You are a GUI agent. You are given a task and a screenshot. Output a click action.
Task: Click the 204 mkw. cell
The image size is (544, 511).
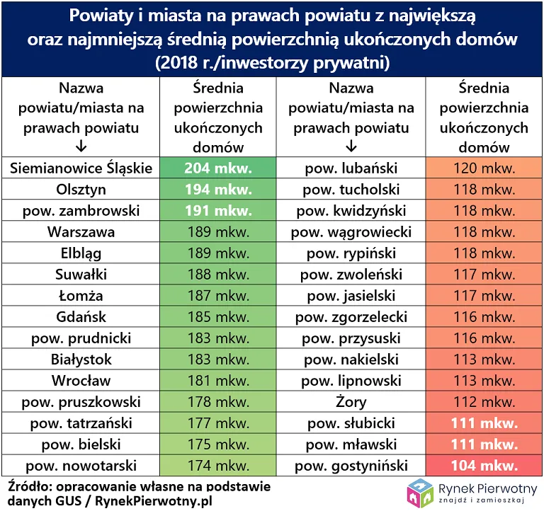pyautogui.click(x=217, y=168)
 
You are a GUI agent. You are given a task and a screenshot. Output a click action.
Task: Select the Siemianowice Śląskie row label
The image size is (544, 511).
pyautogui.click(x=81, y=168)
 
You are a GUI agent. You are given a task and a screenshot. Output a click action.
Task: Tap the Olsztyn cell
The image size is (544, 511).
pyautogui.click(x=81, y=190)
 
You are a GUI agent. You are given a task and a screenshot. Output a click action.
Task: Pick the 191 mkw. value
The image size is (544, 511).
pyautogui.click(x=217, y=211)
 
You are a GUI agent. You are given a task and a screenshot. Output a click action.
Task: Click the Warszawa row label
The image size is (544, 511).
pyautogui.click(x=81, y=232)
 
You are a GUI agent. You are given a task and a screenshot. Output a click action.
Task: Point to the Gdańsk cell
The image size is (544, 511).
pyautogui.click(x=81, y=317)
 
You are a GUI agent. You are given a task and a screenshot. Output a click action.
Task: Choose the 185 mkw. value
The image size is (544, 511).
pyautogui.click(x=217, y=317)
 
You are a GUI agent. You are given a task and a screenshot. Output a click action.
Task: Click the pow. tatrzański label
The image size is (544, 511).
pyautogui.click(x=81, y=423)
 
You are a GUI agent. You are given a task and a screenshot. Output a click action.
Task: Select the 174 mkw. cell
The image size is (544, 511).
pyautogui.click(x=217, y=466)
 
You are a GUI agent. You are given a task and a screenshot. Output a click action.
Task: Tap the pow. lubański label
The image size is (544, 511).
pyautogui.click(x=351, y=168)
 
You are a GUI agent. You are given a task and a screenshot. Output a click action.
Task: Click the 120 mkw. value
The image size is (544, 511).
pyautogui.click(x=484, y=168)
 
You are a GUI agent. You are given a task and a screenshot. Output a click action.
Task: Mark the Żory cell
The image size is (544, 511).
pyautogui.click(x=351, y=402)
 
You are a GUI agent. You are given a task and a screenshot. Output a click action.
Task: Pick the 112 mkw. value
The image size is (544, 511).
pyautogui.click(x=484, y=402)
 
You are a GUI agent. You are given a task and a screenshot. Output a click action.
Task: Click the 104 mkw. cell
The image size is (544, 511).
pyautogui.click(x=484, y=466)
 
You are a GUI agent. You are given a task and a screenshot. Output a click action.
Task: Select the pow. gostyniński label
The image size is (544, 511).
pyautogui.click(x=351, y=466)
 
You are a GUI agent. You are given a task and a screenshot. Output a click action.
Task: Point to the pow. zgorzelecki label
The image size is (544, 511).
pyautogui.click(x=351, y=317)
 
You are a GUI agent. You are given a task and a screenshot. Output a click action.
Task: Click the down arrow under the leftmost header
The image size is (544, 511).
pyautogui.click(x=81, y=147)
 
